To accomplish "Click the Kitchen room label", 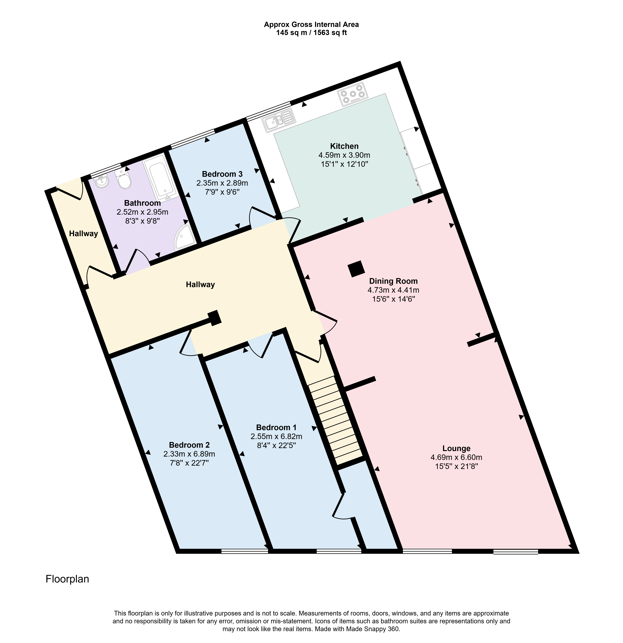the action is click(x=344, y=146).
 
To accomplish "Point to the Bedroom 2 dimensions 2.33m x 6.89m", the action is click(x=189, y=454).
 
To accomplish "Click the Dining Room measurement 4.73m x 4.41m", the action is click(x=393, y=290).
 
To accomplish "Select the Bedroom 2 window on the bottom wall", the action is click(x=245, y=551).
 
